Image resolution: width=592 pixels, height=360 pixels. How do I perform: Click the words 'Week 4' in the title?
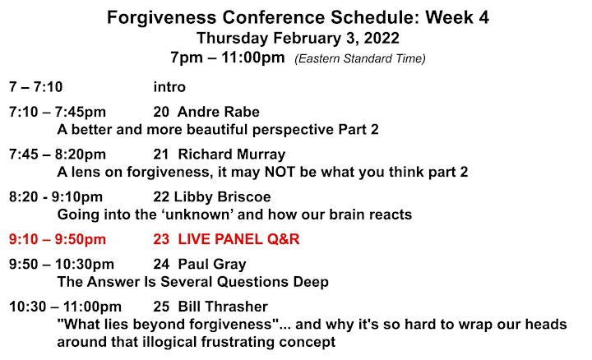457,17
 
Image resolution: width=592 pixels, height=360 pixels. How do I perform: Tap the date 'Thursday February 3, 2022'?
298,38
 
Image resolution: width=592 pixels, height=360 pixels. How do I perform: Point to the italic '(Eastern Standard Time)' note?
360,58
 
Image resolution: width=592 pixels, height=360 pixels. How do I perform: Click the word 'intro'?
169,87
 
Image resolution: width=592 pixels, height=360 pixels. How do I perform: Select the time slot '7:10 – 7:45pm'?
58,112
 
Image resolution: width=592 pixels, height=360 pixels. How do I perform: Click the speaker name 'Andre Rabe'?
219,112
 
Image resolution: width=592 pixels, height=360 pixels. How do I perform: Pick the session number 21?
161,155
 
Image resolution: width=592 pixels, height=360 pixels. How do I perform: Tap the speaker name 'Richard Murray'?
232,155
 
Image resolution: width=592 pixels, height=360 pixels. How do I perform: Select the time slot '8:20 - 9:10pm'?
56,197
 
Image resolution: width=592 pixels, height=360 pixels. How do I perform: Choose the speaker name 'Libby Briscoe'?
222,197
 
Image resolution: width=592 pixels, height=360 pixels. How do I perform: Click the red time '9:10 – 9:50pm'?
58,239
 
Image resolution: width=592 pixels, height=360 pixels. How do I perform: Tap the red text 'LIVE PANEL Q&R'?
238,239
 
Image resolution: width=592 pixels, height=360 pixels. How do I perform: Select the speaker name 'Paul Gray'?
212,264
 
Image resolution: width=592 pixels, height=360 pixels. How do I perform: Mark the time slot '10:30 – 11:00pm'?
65,307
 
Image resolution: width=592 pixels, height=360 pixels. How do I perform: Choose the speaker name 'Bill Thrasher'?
223,307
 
